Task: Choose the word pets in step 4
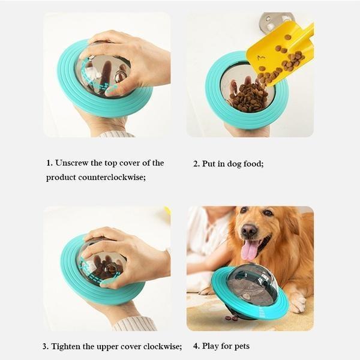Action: point(239,346)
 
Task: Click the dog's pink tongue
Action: point(250,248)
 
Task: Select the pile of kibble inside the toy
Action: point(249,96)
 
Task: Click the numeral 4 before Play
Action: point(196,346)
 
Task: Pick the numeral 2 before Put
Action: point(196,164)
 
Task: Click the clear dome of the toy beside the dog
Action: point(252,282)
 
